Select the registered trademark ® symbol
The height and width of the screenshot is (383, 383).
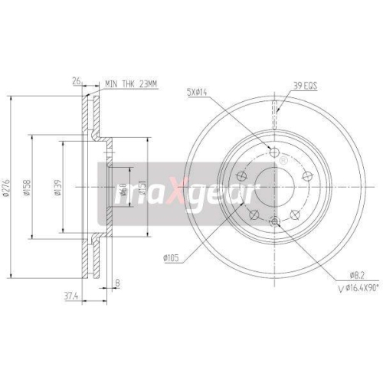coord(283,161)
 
